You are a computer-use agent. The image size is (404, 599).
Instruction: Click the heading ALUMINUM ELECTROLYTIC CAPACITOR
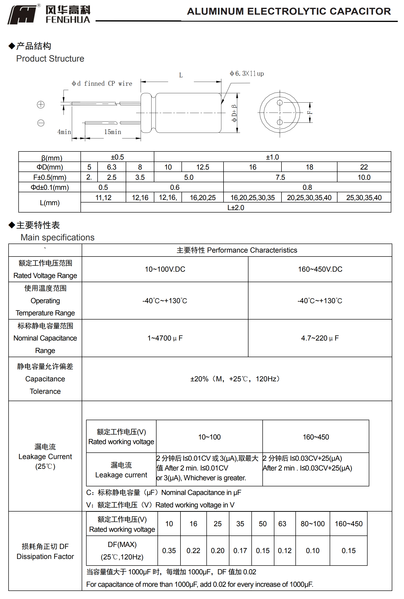[289, 11]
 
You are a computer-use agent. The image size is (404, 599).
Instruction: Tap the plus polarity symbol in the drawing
[41, 105]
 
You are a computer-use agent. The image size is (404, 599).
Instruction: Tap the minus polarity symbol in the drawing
[41, 123]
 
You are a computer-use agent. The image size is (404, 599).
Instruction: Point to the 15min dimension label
[112, 132]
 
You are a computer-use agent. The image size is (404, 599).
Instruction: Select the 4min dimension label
[64, 132]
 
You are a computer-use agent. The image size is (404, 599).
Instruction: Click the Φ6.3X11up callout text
[247, 74]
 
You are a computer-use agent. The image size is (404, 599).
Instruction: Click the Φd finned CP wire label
[102, 84]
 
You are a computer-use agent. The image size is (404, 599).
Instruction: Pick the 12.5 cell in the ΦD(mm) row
[202, 167]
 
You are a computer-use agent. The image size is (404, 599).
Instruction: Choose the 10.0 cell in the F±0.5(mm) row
[364, 177]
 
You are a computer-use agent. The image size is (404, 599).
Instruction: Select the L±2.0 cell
[236, 208]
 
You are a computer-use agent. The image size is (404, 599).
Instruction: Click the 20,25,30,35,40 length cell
[309, 198]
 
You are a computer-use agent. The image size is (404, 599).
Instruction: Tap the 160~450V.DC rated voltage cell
[320, 269]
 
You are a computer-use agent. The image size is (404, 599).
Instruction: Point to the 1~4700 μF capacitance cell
[165, 338]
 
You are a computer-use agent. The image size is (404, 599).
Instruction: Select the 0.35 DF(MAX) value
[169, 550]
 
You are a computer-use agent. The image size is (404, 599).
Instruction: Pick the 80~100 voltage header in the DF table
[312, 524]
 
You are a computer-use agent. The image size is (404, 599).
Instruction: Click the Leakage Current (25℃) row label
[45, 456]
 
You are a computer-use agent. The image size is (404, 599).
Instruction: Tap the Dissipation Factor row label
[45, 556]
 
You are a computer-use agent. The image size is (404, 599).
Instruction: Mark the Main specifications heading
[57, 237]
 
